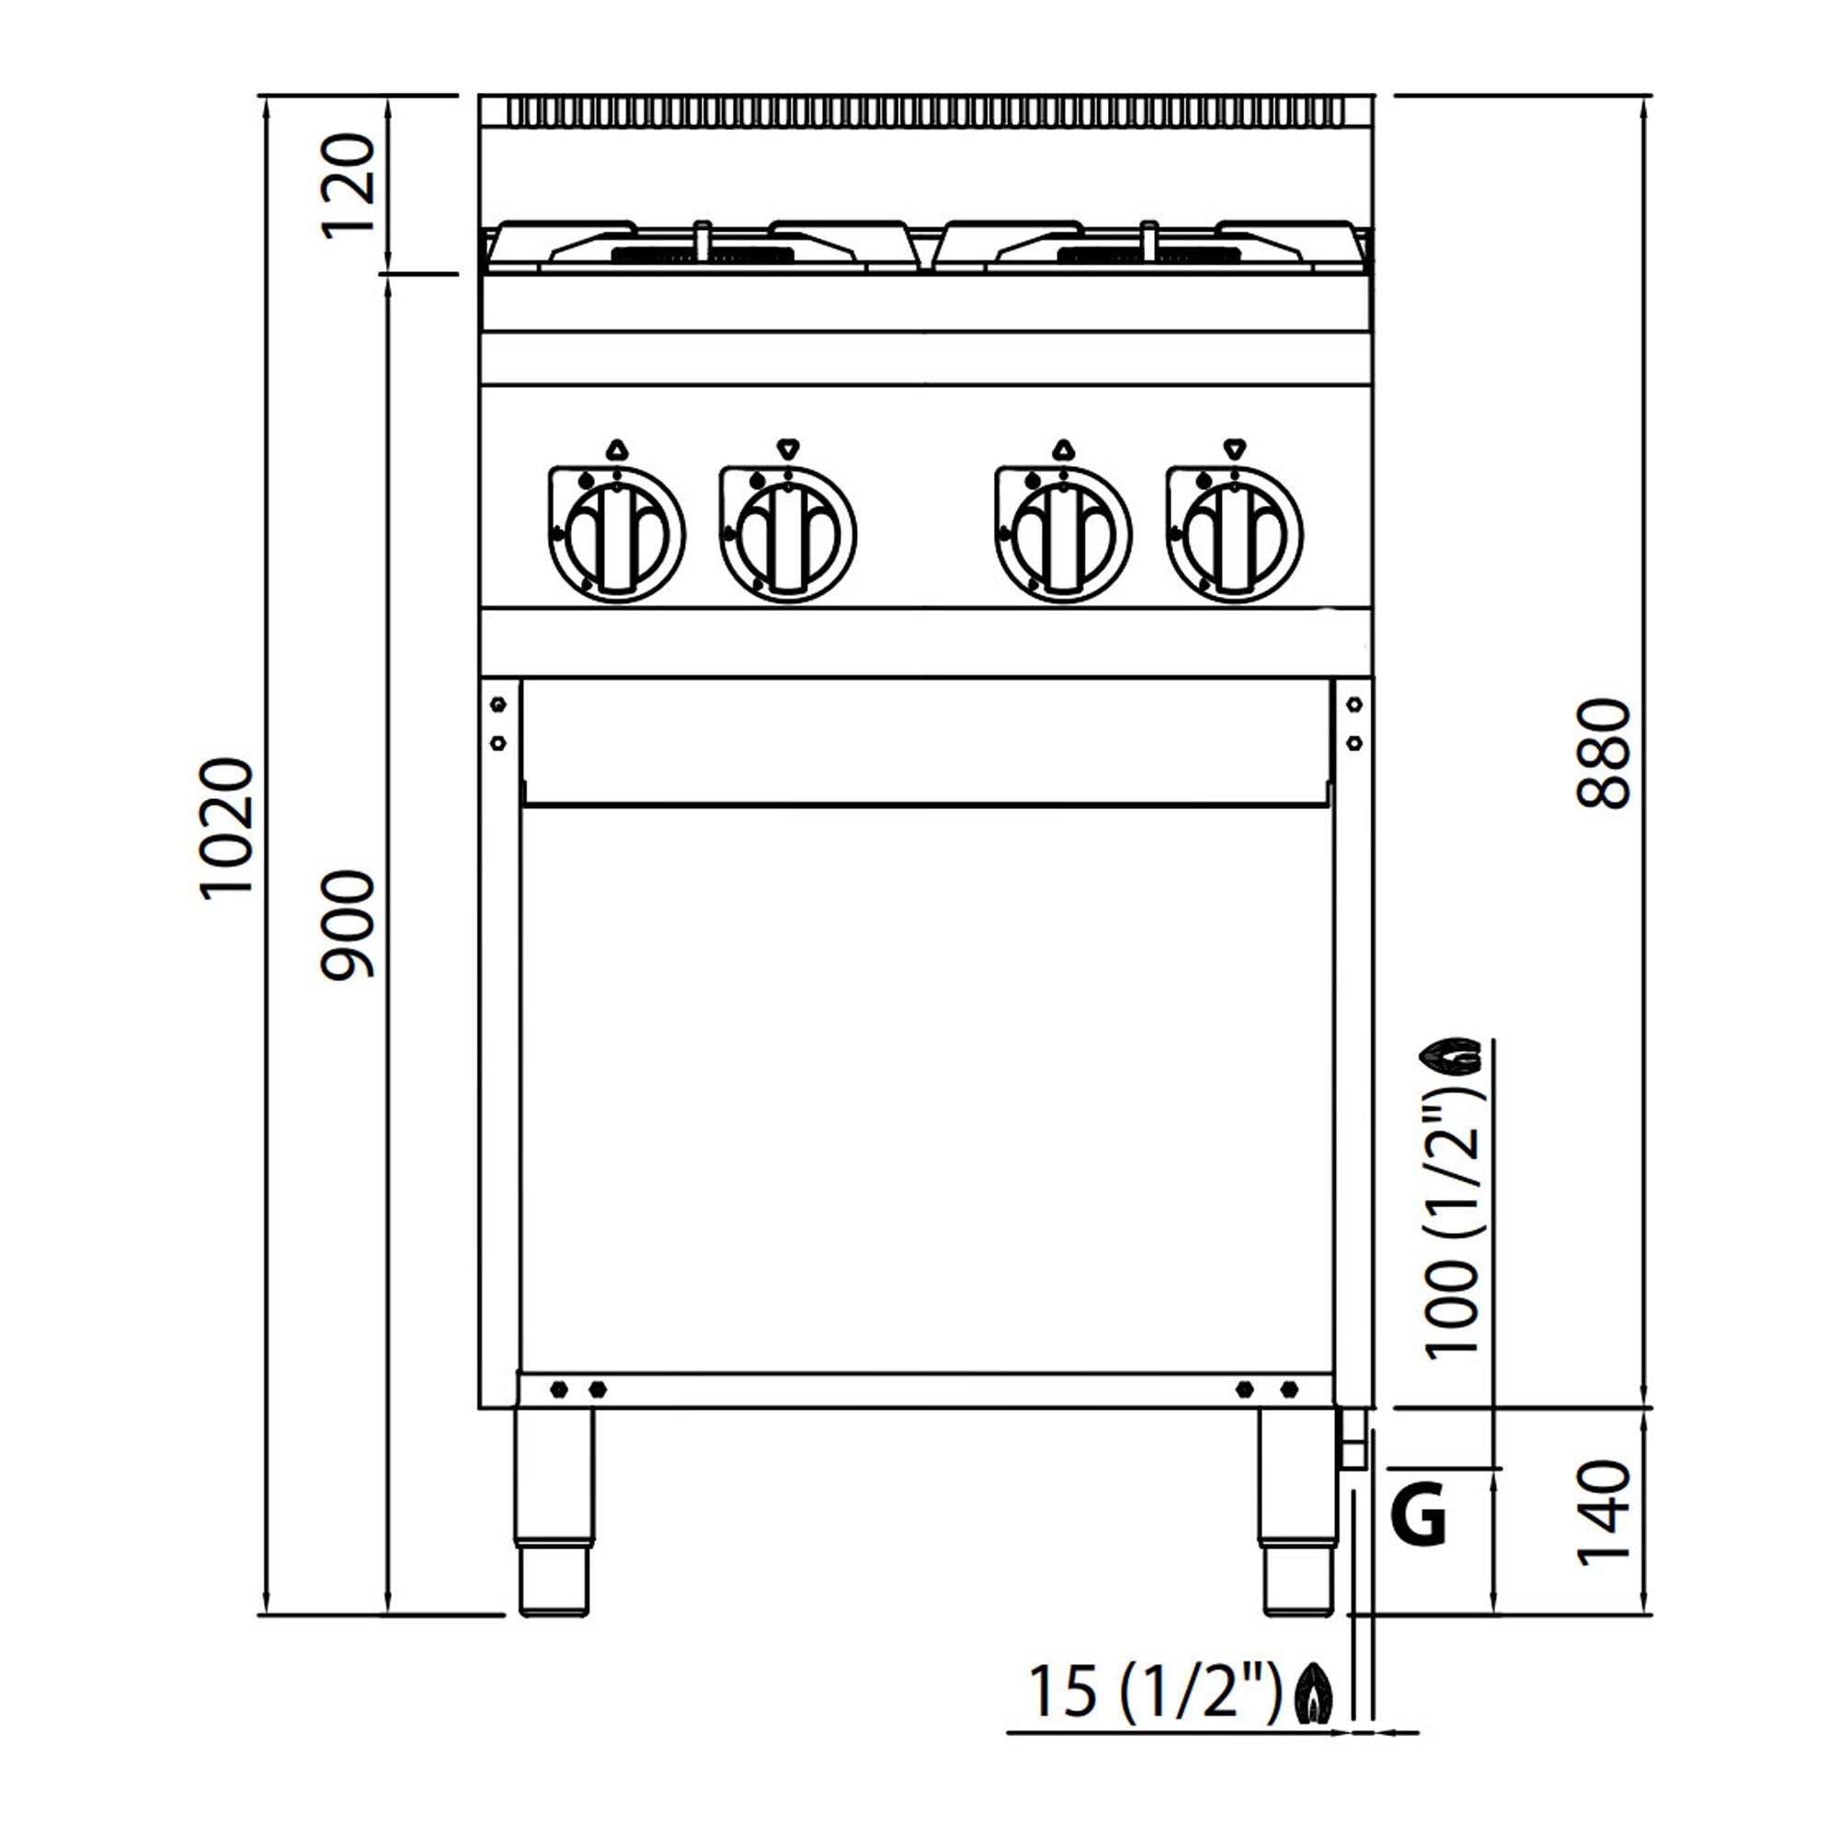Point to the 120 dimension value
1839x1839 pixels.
click(x=348, y=186)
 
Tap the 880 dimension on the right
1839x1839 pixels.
click(x=1605, y=753)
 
